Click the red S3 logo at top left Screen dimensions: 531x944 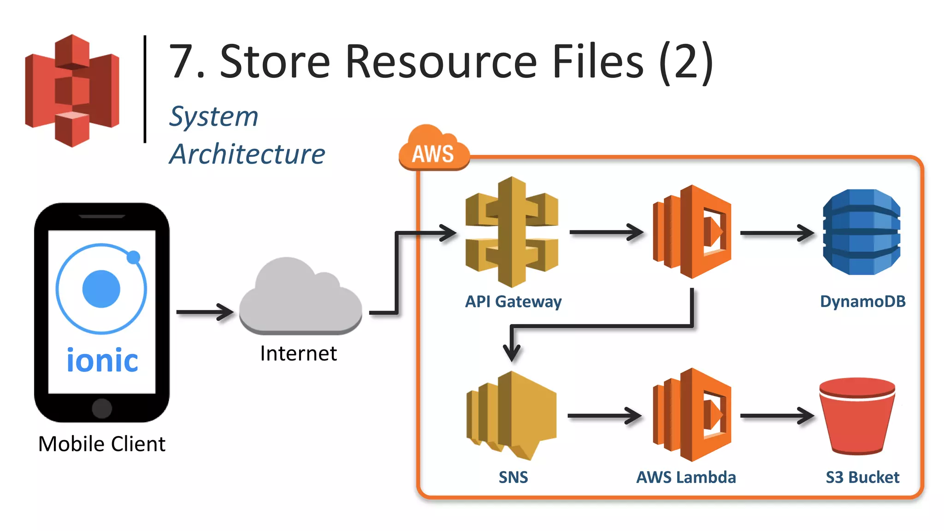72,91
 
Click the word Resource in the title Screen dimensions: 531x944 441,62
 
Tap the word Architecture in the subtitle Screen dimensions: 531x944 247,154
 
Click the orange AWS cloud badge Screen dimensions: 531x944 433,150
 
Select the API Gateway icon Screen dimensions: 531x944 512,232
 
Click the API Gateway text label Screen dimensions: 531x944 513,301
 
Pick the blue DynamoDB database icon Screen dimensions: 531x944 861,232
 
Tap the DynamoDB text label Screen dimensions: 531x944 862,301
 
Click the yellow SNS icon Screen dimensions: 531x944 512,415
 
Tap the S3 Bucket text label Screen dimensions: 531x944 862,477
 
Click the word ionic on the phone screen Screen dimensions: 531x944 102,360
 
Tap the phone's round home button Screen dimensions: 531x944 102,408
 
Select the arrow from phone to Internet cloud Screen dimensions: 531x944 205,312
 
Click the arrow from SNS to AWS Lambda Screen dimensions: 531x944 604,416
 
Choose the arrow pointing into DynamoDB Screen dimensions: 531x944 777,233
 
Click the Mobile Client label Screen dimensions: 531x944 101,444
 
